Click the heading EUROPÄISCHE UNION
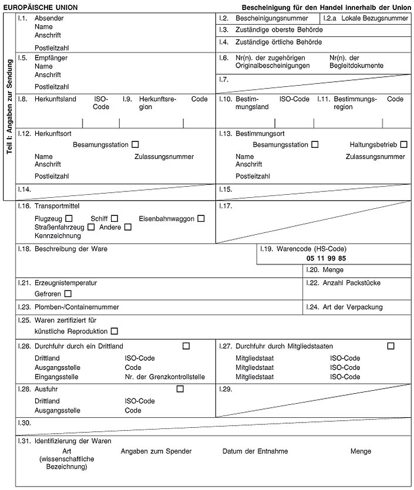point(41,8)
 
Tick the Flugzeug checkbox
point(69,219)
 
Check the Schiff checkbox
point(115,219)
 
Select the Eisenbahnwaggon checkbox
point(201,219)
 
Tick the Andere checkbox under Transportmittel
point(128,227)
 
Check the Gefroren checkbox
point(68,293)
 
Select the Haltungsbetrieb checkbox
point(403,144)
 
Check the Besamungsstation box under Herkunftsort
point(136,144)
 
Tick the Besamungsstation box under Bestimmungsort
point(315,144)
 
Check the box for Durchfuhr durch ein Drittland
point(186,346)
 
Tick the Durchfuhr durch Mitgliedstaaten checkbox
point(391,346)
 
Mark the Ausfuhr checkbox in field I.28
point(180,388)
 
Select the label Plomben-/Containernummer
point(77,307)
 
